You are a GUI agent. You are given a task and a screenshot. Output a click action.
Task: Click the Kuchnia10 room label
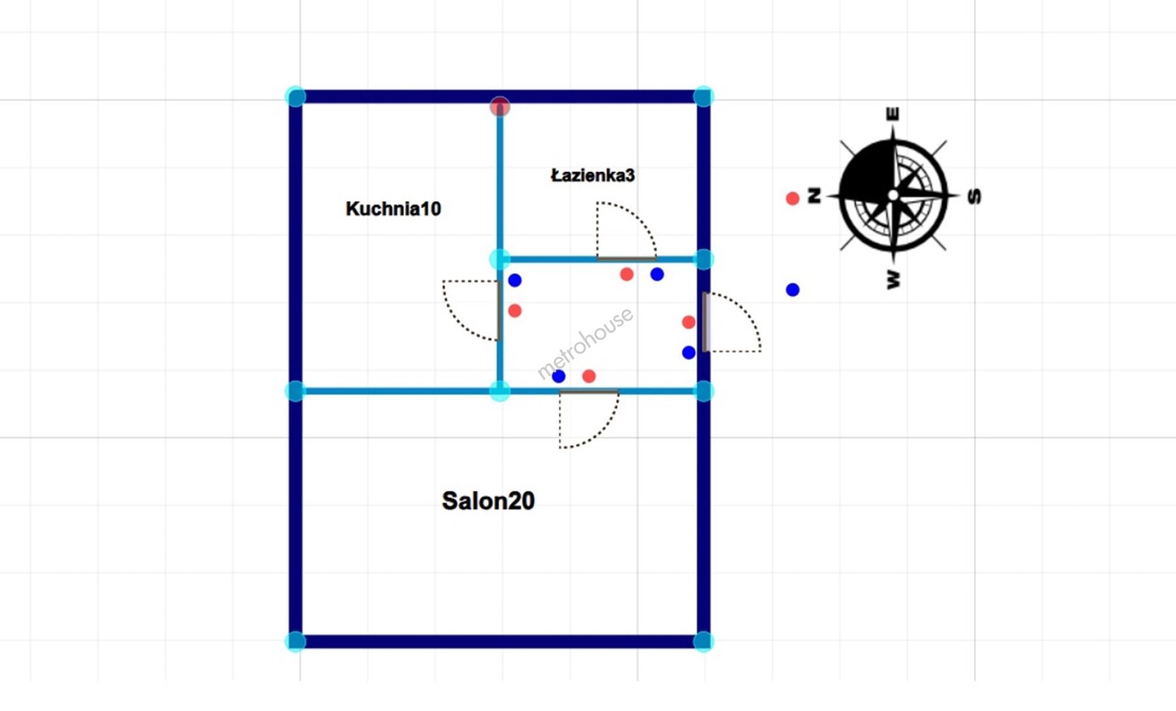click(x=393, y=209)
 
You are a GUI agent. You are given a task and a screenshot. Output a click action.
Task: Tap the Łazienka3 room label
click(x=593, y=175)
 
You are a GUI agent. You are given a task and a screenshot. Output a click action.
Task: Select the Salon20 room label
click(x=488, y=501)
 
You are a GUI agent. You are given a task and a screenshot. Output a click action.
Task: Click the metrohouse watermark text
click(x=585, y=343)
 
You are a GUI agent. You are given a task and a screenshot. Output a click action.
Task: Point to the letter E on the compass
click(x=893, y=114)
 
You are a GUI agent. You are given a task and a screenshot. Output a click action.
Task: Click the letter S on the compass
click(x=975, y=196)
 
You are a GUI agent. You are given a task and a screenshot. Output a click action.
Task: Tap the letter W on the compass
click(x=893, y=279)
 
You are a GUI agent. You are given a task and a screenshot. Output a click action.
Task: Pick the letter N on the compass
click(x=814, y=196)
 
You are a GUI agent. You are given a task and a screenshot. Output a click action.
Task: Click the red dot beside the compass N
click(x=793, y=198)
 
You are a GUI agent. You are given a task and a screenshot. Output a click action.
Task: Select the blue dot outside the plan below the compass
click(x=793, y=290)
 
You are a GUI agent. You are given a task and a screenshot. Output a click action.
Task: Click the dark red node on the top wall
click(x=500, y=106)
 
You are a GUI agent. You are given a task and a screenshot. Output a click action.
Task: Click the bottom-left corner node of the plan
click(x=296, y=641)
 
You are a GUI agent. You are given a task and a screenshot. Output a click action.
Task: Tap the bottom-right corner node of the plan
click(x=703, y=641)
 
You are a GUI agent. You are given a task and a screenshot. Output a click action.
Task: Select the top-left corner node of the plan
click(x=296, y=97)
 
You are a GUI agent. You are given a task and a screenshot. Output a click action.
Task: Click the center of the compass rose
click(x=893, y=196)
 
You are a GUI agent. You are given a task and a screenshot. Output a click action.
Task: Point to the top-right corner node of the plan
click(x=703, y=97)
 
